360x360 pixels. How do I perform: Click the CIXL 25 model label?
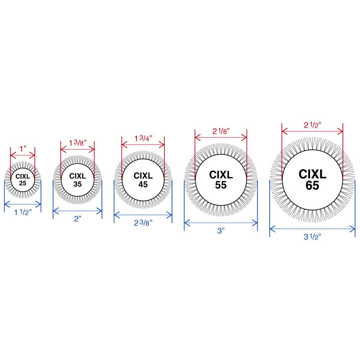[23, 180]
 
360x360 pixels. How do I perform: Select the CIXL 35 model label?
[77, 180]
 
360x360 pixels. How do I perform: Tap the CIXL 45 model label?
[143, 180]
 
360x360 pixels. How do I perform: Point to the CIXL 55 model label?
[221, 180]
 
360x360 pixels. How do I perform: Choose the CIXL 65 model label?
[312, 180]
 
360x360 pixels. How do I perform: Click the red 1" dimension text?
[23, 149]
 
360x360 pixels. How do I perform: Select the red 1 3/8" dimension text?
[78, 143]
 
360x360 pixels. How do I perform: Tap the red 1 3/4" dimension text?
[143, 138]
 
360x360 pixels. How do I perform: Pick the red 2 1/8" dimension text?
[221, 131]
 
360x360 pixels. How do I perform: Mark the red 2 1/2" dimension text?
[312, 125]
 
